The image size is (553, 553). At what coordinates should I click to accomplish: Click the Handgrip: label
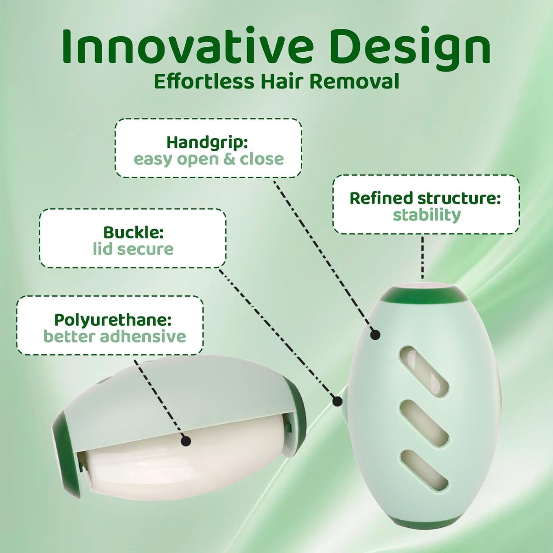pyautogui.click(x=207, y=142)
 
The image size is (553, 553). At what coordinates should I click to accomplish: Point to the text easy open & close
pyautogui.click(x=209, y=159)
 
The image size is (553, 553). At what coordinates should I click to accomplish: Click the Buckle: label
pyautogui.click(x=133, y=232)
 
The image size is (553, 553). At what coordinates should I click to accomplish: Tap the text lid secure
pyautogui.click(x=133, y=249)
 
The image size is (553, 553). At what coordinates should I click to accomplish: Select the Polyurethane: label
pyautogui.click(x=113, y=320)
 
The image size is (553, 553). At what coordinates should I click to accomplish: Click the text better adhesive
pyautogui.click(x=114, y=336)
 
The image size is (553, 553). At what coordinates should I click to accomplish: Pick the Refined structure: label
pyautogui.click(x=425, y=198)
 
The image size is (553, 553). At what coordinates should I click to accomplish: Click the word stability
pyautogui.click(x=427, y=215)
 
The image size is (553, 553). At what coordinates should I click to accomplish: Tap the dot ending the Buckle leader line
pyautogui.click(x=337, y=401)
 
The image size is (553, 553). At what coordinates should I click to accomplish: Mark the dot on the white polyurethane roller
pyautogui.click(x=186, y=441)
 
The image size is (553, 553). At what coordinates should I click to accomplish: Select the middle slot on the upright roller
pyautogui.click(x=424, y=423)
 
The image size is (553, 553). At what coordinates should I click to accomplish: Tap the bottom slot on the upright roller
pyautogui.click(x=424, y=470)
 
